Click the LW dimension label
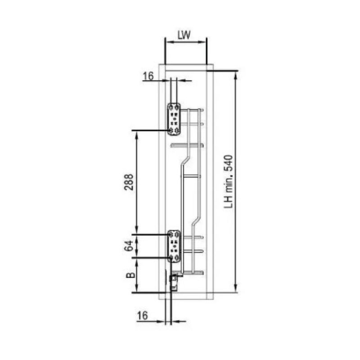click(184, 35)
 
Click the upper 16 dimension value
click(148, 76)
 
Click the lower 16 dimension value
click(142, 316)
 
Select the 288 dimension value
click(129, 182)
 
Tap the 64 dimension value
click(129, 246)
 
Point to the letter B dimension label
click(130, 275)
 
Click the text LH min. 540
click(229, 182)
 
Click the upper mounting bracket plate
click(174, 119)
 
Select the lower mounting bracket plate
click(174, 246)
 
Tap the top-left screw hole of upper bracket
click(171, 107)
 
